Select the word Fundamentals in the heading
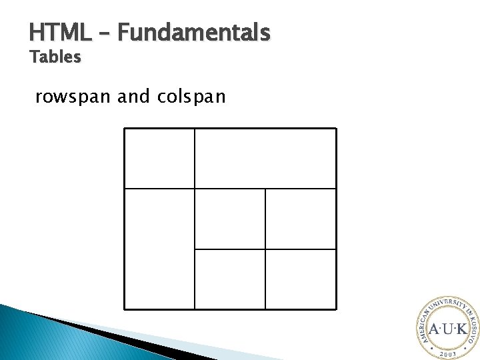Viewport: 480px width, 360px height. [193, 32]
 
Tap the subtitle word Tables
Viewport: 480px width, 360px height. [55, 58]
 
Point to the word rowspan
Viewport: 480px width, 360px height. [73, 97]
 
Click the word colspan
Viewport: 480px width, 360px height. [192, 97]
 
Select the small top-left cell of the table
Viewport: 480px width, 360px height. [159, 158]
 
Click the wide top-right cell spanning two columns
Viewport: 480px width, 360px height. [265, 158]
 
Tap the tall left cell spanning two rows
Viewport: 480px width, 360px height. [159, 249]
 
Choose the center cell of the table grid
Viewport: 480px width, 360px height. [230, 219]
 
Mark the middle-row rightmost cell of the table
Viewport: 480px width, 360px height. [301, 219]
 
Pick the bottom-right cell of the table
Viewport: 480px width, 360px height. [301, 279]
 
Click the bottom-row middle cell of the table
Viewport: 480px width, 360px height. [230, 279]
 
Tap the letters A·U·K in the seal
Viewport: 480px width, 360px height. [447, 329]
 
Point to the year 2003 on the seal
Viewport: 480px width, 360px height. [447, 354]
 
